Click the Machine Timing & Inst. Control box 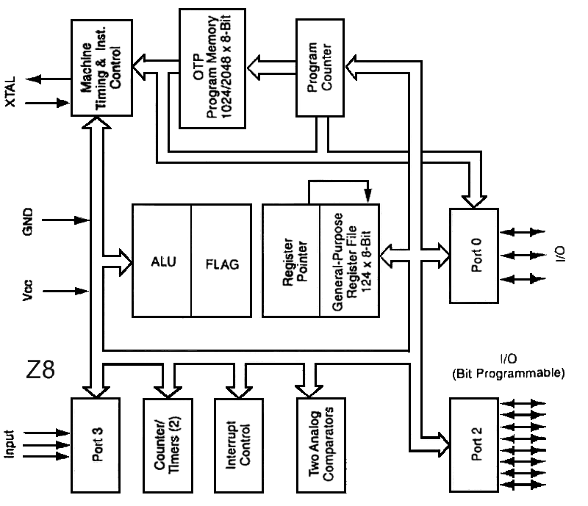[101, 68]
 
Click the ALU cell [162, 261]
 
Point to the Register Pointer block [291, 261]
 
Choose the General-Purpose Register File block [349, 261]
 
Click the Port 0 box [474, 256]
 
